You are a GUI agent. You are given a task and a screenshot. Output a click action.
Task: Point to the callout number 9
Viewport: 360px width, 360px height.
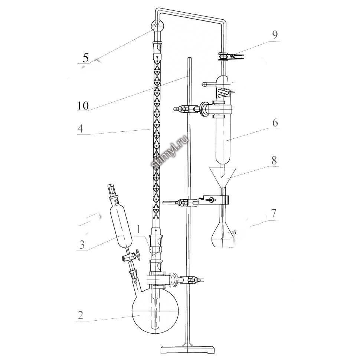point(274,35)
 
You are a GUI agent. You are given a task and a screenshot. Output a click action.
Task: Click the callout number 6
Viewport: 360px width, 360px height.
point(274,123)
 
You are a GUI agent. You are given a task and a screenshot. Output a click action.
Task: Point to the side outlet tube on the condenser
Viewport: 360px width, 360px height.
point(208,84)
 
